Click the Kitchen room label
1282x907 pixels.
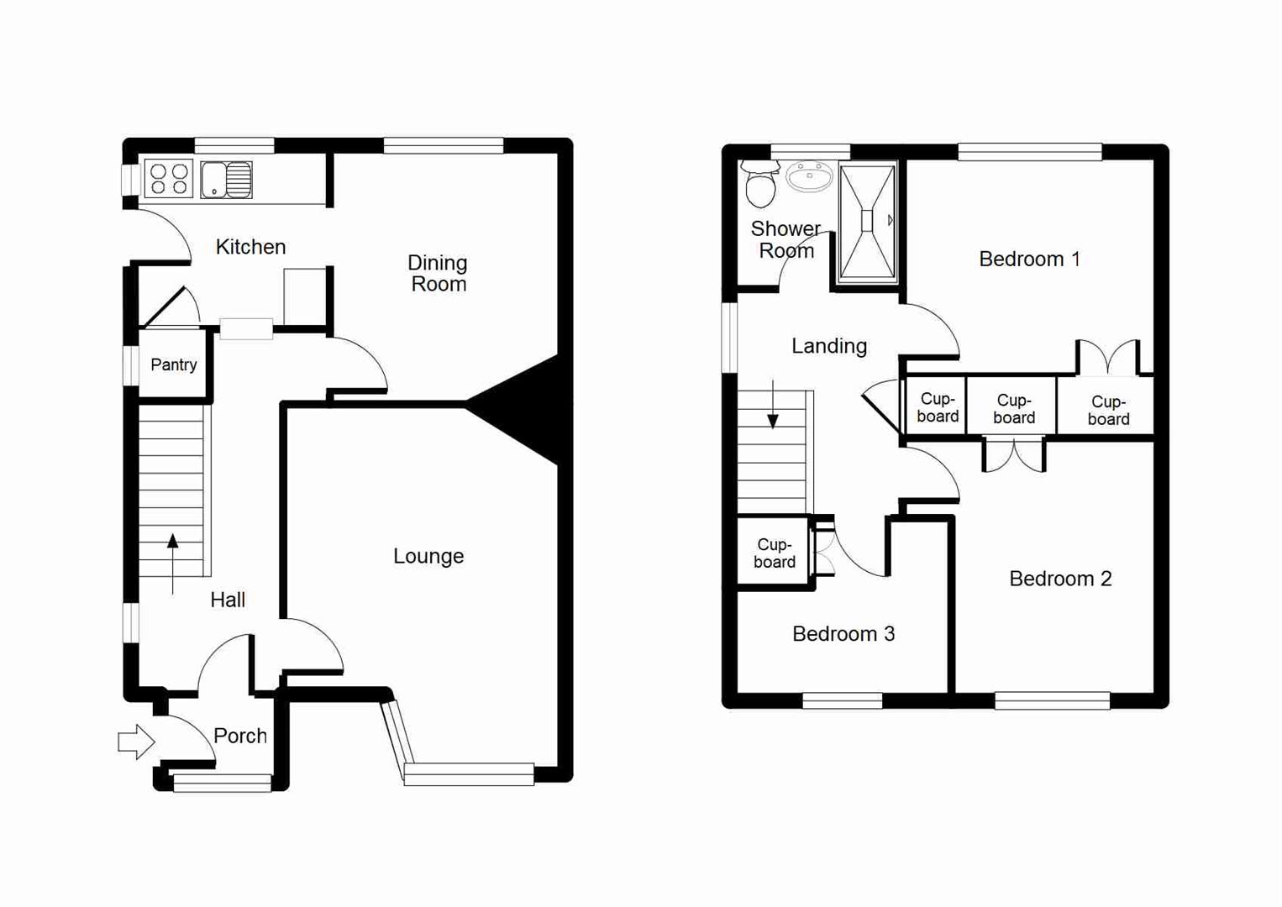coord(250,247)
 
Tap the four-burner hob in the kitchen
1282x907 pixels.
coord(169,179)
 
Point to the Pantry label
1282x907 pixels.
coord(174,364)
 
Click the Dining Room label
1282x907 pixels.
coord(438,274)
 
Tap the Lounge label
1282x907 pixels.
coord(428,556)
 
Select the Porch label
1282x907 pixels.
coord(240,736)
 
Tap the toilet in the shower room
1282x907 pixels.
coord(761,185)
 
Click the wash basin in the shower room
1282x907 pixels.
coord(809,176)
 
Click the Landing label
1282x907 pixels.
coord(829,346)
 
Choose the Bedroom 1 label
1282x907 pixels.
coord(1029,260)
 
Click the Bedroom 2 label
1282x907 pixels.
coord(1060,579)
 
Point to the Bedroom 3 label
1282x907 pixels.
coord(843,634)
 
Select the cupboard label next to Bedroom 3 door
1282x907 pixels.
coord(774,553)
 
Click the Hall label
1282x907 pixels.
coord(228,600)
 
